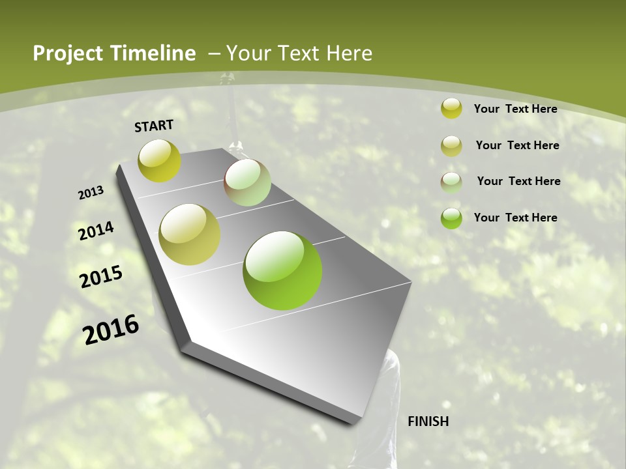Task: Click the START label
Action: click(154, 126)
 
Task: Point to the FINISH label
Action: click(428, 421)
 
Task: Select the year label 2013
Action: click(91, 193)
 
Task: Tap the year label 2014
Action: click(97, 231)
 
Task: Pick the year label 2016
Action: click(111, 330)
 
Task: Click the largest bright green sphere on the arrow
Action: click(282, 270)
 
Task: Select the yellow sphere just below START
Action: click(159, 161)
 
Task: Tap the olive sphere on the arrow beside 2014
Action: click(190, 234)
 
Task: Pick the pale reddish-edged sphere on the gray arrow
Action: click(247, 182)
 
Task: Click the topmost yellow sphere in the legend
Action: click(451, 108)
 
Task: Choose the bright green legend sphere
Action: click(451, 218)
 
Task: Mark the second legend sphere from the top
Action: click(451, 146)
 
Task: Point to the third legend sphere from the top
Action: click(451, 182)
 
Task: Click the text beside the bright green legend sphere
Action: click(515, 218)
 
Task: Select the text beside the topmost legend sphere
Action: click(515, 109)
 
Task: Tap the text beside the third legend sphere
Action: click(518, 181)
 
